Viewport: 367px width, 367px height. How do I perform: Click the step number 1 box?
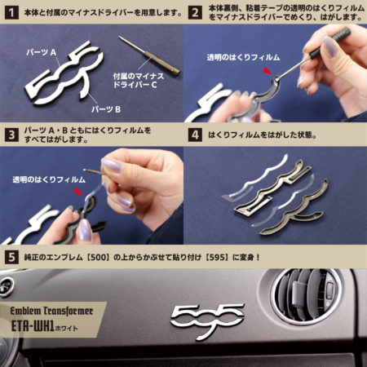[x=11, y=13]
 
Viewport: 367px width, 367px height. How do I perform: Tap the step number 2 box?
[x=195, y=13]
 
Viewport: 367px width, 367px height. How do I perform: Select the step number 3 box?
[x=11, y=135]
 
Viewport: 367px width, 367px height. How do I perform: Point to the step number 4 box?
[x=195, y=135]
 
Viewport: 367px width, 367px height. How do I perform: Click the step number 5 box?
[x=11, y=257]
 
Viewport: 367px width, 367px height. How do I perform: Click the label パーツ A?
[x=42, y=52]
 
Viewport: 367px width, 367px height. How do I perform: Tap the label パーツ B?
[x=106, y=109]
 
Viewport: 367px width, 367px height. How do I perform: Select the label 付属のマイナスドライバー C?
[x=139, y=80]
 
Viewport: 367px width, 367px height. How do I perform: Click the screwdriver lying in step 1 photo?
[x=149, y=55]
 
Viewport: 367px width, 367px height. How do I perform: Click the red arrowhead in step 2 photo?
[x=267, y=71]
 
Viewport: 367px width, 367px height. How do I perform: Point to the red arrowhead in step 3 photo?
[x=78, y=192]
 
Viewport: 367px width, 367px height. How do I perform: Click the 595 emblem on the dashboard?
[x=207, y=320]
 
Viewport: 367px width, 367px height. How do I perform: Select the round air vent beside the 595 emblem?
[x=307, y=297]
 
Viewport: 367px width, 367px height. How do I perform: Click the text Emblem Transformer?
[x=51, y=311]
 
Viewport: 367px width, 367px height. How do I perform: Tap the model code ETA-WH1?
[x=33, y=326]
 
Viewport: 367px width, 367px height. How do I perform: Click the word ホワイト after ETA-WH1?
[x=67, y=328]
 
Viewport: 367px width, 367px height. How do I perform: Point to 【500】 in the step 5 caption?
[x=98, y=257]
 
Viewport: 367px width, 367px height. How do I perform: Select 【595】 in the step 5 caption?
[x=216, y=257]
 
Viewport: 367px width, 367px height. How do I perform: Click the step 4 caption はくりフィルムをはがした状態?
[x=263, y=135]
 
